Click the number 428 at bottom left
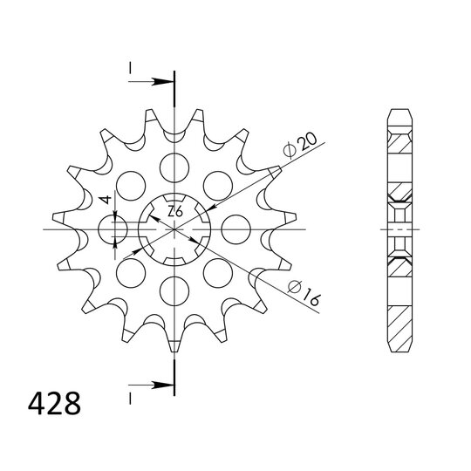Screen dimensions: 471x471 point(53,405)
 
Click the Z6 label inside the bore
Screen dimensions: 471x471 point(174,211)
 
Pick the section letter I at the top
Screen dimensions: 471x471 point(129,68)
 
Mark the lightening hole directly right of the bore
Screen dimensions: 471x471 point(236,229)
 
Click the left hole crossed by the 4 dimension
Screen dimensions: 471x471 point(113,229)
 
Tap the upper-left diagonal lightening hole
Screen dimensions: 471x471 point(131,184)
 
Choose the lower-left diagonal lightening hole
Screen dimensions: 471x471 point(131,273)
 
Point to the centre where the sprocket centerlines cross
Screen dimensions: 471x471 point(174,229)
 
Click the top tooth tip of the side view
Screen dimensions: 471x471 point(397,112)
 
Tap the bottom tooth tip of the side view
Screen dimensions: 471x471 point(397,346)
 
